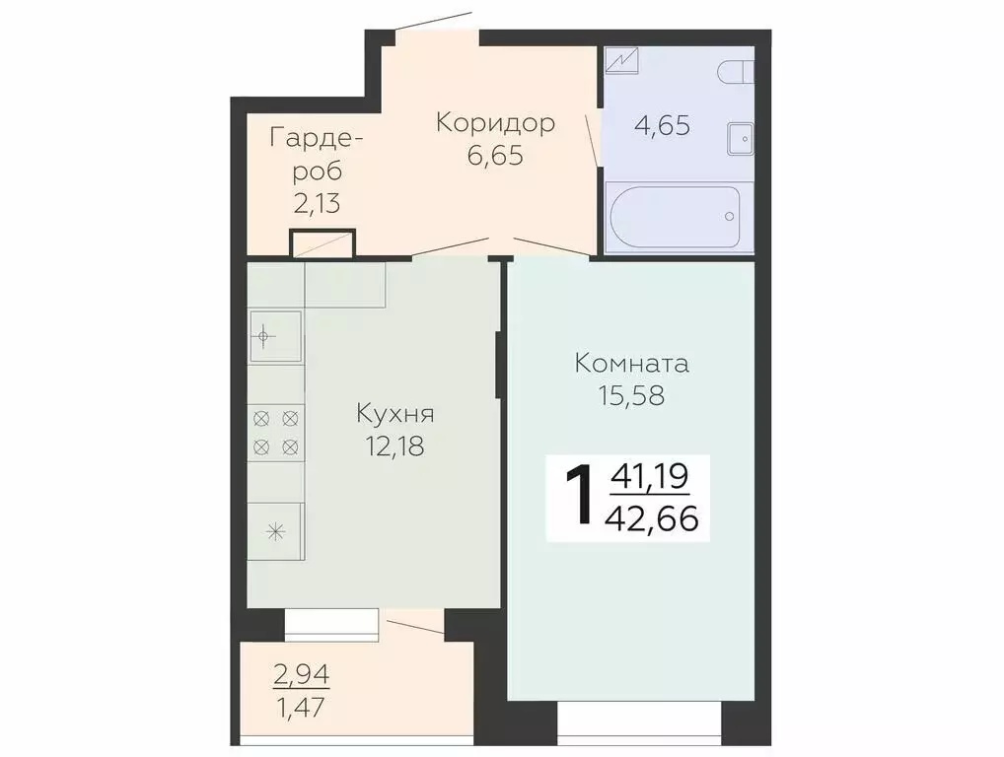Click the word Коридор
tap(495, 123)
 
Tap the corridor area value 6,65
tap(495, 156)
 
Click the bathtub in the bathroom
tap(672, 217)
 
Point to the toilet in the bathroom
tap(736, 72)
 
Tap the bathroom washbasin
tap(740, 139)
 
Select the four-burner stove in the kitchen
tap(275, 432)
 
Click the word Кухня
tap(395, 413)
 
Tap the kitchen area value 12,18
tap(395, 446)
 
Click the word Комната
tap(632, 363)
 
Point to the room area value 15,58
tap(631, 395)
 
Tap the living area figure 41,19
tap(650, 478)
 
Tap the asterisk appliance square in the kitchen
tap(275, 530)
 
